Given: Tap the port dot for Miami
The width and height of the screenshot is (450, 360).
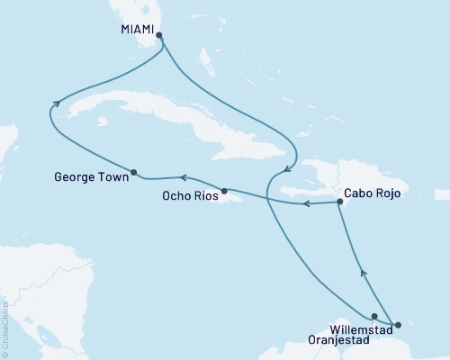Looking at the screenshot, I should pos(159,36).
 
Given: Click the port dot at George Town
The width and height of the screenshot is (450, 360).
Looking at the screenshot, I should pos(133,172).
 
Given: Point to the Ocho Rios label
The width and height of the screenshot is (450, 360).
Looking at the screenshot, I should pos(187,197).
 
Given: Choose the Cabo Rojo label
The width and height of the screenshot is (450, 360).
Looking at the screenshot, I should pos(371,193).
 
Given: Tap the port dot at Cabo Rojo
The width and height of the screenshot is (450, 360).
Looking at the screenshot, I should pos(339,202).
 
